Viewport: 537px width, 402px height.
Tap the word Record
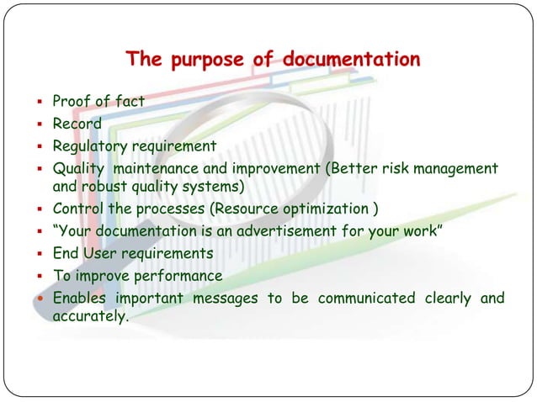pos(77,124)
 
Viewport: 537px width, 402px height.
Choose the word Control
pos(77,208)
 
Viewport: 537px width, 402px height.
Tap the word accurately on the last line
pos(89,317)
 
